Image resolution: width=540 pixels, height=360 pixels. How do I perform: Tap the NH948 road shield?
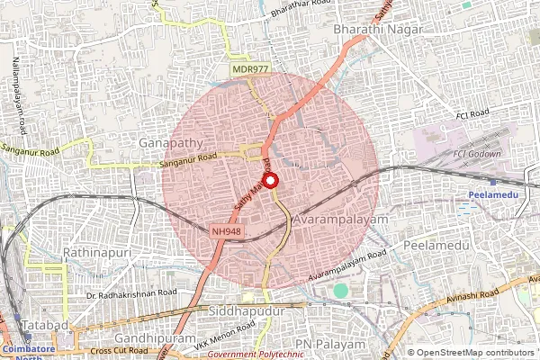226,231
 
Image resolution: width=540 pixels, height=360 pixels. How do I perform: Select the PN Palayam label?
335,345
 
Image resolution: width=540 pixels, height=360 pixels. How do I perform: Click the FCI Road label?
471,114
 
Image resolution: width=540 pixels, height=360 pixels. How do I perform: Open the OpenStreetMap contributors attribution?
476,353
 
